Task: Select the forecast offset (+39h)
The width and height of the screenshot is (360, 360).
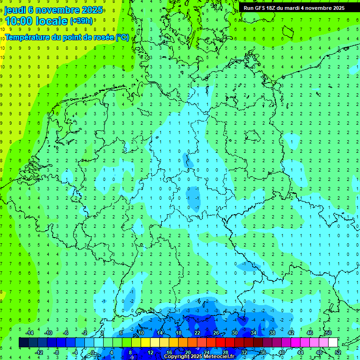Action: pos(81,21)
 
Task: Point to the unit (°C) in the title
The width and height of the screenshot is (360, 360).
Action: pos(122,37)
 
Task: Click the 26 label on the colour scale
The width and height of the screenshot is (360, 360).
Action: pos(216,333)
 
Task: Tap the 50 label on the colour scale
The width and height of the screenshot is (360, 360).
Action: pos(328,333)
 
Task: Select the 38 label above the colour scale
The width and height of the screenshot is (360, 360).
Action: pos(272,333)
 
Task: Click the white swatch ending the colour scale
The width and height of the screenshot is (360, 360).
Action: pos(333,343)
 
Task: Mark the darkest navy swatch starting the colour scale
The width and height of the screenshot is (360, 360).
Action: pos(23,343)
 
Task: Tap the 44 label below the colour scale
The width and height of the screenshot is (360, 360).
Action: pos(300,352)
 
